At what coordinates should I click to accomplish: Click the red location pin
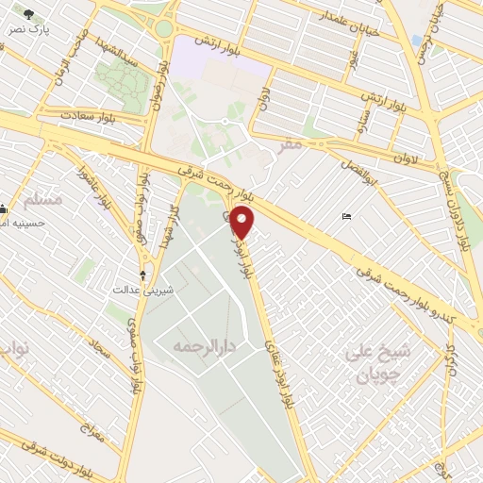tap(243, 222)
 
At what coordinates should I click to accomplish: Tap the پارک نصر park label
tap(29, 30)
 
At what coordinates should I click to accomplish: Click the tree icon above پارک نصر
tap(29, 15)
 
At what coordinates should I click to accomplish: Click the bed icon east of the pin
tap(346, 217)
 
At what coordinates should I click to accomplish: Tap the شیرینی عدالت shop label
tap(134, 291)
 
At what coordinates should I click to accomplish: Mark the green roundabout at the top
tap(164, 28)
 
